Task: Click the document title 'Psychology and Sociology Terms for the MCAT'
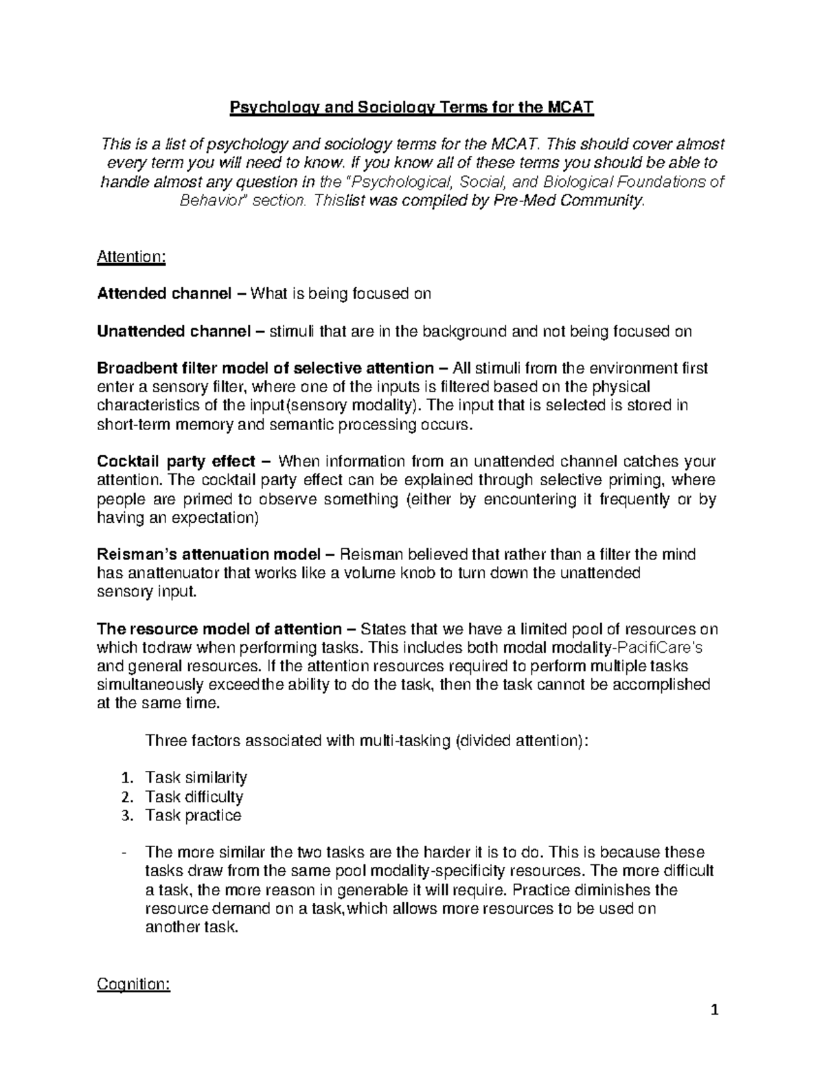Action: [x=411, y=108]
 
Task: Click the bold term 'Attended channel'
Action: [x=164, y=294]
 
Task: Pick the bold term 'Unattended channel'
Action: [x=172, y=332]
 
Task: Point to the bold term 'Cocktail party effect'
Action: [x=176, y=460]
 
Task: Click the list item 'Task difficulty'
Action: [x=194, y=797]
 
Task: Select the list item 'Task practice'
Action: [x=193, y=816]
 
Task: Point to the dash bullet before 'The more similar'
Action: [x=123, y=853]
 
